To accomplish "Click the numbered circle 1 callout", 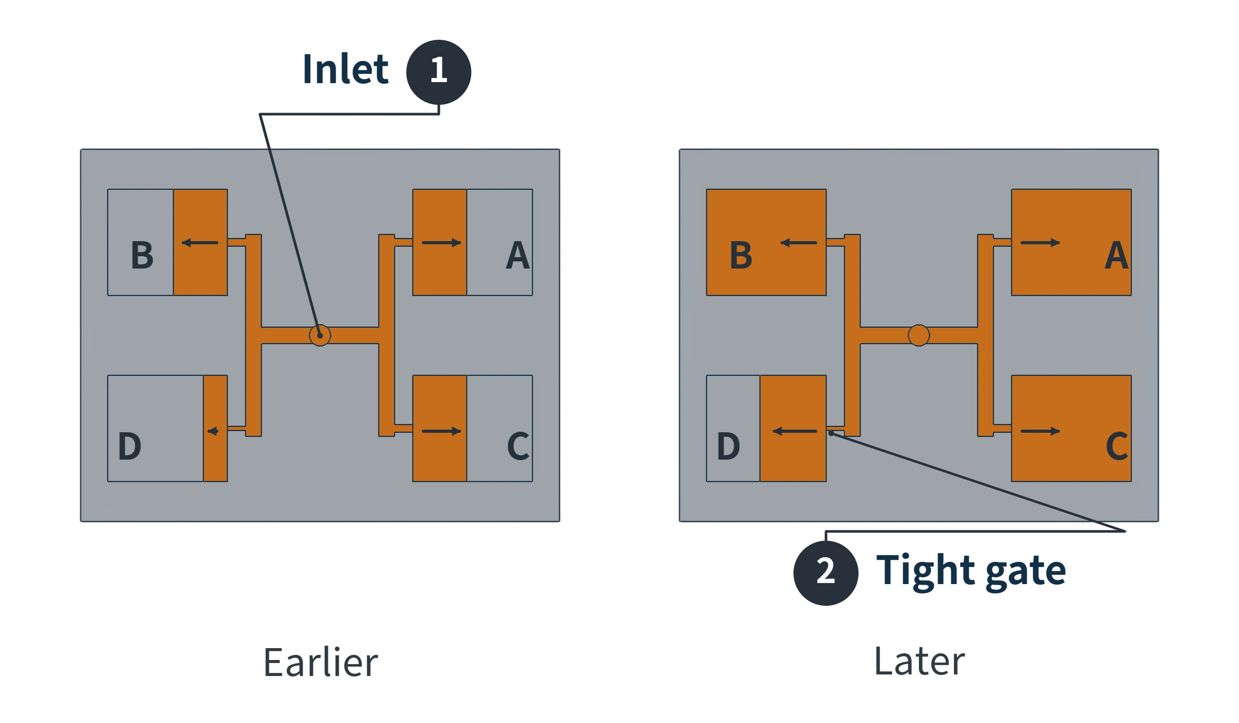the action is [438, 72].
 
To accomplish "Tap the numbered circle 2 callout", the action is [825, 573].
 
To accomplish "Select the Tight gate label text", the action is [971, 571].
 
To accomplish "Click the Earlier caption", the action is [321, 662].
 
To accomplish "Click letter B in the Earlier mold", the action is [142, 255].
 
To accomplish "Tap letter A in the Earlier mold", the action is [518, 255].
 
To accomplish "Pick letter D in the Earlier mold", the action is [130, 446].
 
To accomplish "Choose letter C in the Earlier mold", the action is [518, 446].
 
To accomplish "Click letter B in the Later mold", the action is [741, 255].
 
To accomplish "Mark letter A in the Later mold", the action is [1117, 255].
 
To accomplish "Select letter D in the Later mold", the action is [728, 446].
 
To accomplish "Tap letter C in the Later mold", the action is [1117, 446].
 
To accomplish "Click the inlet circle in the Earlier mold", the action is [320, 336].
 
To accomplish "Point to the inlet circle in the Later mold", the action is [919, 336].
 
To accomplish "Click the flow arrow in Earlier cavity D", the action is [213, 431].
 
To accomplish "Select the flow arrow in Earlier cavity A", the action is [441, 243].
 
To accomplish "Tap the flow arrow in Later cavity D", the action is [795, 431].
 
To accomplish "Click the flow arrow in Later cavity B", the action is [799, 243].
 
